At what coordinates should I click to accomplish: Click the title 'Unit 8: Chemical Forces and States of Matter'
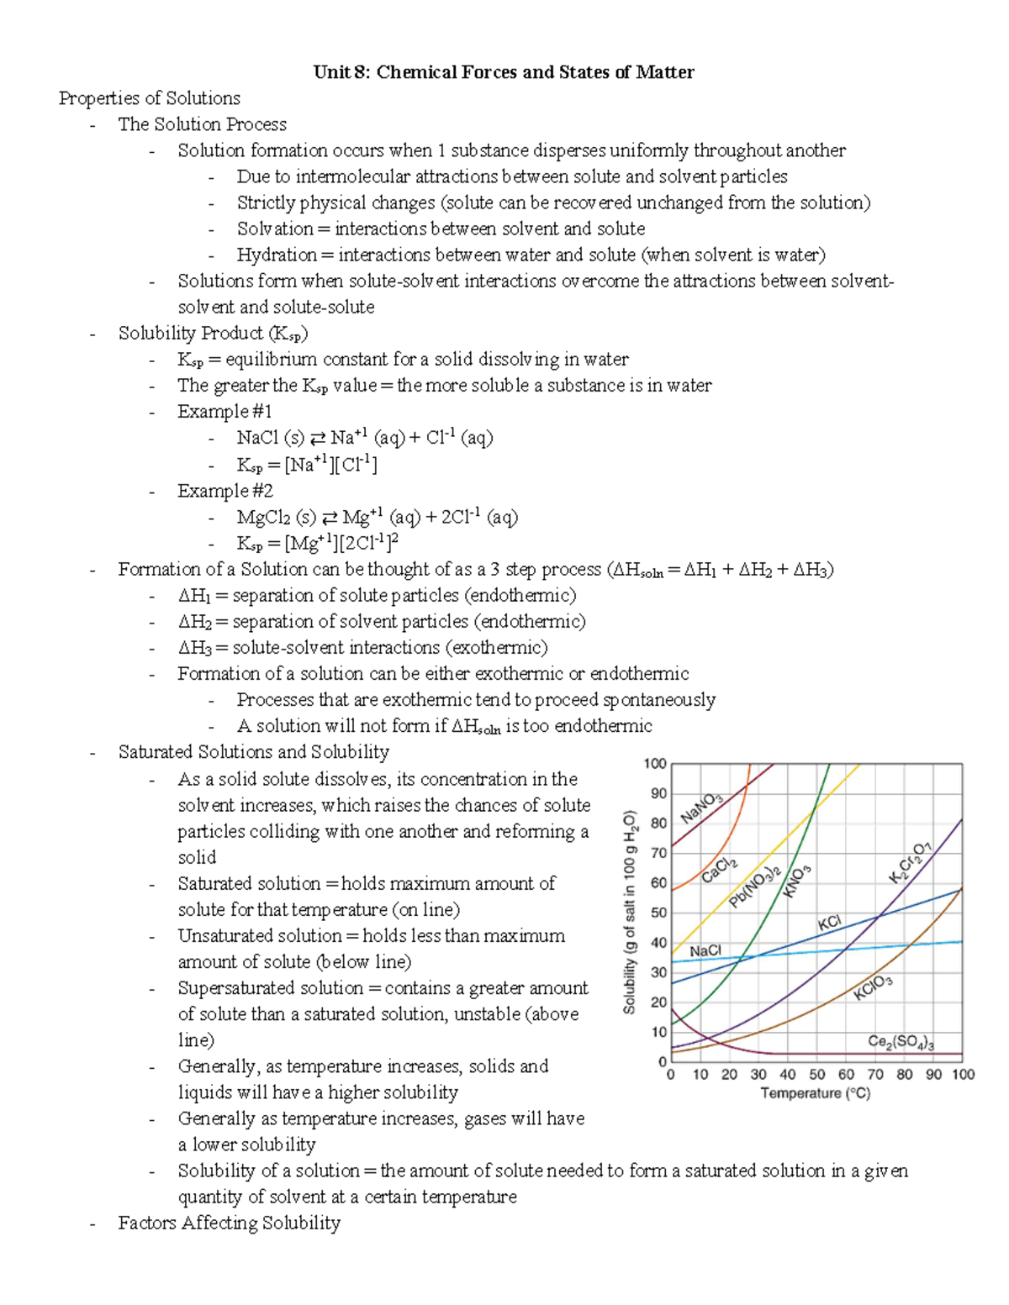[504, 72]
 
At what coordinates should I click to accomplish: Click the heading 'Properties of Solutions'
[150, 98]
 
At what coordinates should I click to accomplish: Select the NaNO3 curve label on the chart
[701, 808]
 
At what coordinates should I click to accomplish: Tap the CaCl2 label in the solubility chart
[720, 870]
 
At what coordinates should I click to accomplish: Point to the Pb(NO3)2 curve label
[754, 887]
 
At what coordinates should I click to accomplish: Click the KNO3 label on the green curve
[797, 881]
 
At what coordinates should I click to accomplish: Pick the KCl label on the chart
[829, 923]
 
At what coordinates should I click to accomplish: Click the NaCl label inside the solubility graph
[705, 950]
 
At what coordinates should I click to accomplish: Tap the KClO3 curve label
[873, 987]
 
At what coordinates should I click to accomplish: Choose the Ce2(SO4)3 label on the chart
[901, 1042]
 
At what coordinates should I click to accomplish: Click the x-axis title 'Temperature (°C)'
[815, 1093]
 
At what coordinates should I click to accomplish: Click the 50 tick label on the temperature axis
[816, 1074]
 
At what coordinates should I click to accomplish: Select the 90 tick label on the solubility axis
[658, 793]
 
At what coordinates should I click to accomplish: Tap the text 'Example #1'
[225, 412]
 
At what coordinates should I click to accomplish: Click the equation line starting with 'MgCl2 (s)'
[377, 517]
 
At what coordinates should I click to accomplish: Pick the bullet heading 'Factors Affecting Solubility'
[229, 1223]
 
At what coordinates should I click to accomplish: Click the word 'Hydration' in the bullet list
[277, 255]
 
